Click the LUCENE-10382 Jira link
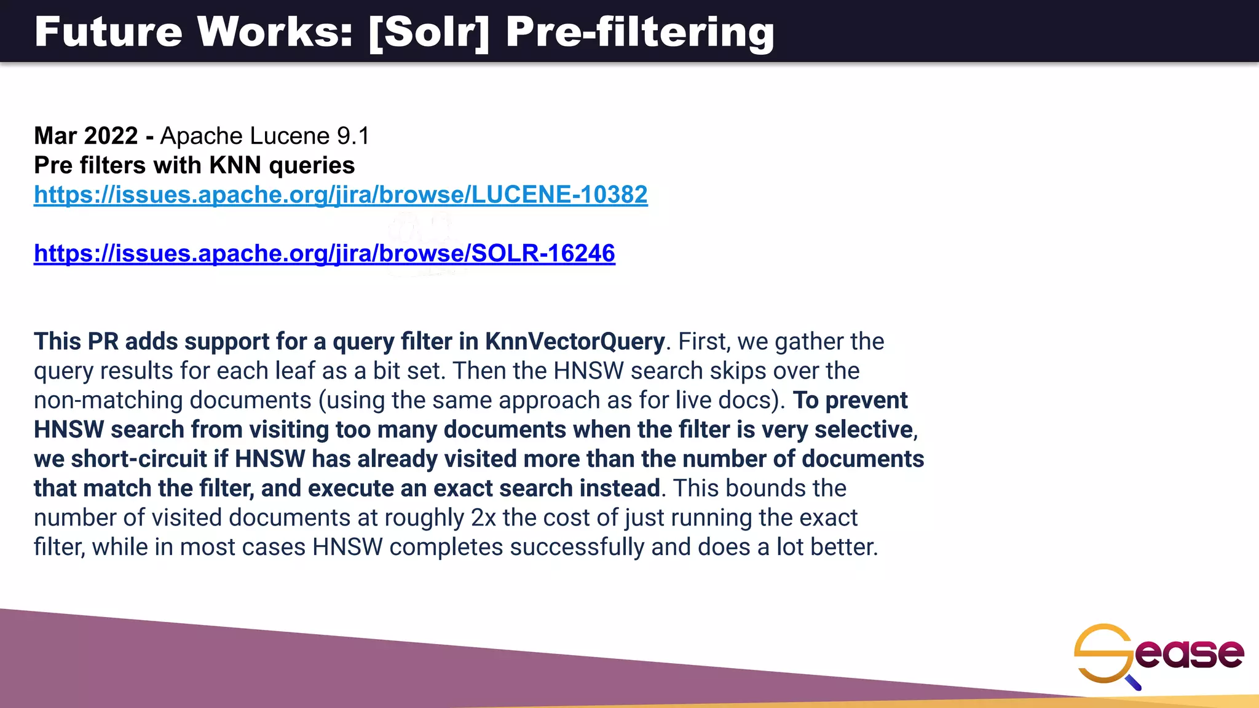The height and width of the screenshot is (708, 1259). (341, 195)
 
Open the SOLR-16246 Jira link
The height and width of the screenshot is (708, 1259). (325, 253)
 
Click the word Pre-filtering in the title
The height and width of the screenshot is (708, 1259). (640, 32)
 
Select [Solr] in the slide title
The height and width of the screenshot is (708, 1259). (429, 32)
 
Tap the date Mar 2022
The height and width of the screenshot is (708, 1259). (86, 136)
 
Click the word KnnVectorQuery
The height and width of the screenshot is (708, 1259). (575, 342)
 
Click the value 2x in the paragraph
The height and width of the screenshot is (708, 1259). (483, 518)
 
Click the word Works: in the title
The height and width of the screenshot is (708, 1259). (275, 32)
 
